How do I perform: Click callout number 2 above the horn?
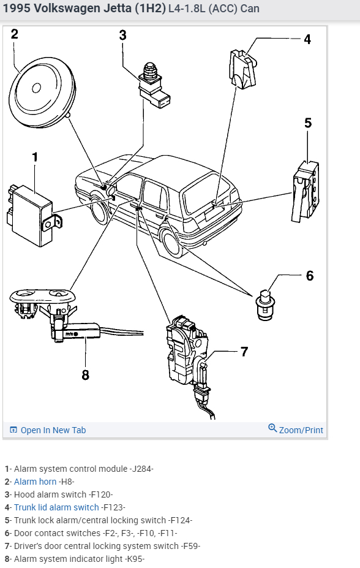point(14,34)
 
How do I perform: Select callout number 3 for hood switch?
point(122,35)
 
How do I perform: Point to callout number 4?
point(307,39)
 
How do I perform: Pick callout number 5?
point(308,123)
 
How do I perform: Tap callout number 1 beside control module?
point(35,157)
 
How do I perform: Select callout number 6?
point(310,276)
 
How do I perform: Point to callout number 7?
point(244,352)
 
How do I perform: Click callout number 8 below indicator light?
point(85,374)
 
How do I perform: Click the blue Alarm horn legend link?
point(35,482)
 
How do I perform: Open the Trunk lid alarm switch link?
point(56,507)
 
